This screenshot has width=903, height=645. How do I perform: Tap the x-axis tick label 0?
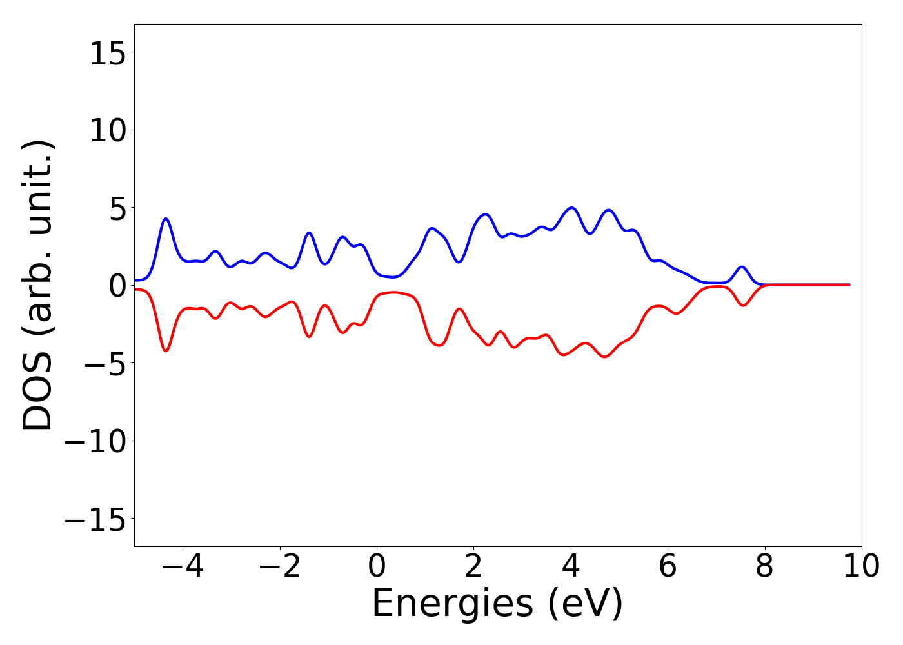click(x=377, y=567)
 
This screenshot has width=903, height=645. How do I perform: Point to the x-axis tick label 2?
click(x=473, y=567)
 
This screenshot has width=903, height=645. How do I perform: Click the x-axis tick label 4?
click(x=571, y=567)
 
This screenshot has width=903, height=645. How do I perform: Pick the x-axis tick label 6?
click(x=668, y=567)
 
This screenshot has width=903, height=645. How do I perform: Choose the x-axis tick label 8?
click(x=764, y=567)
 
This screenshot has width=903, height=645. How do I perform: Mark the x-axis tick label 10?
click(x=861, y=567)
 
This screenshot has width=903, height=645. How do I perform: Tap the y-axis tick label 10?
click(x=107, y=131)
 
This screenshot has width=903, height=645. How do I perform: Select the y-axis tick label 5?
click(x=116, y=208)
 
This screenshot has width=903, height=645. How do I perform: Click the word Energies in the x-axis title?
click(x=452, y=604)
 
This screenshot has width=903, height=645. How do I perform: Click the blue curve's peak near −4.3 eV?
click(x=166, y=219)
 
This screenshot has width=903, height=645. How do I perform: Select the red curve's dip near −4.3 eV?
click(x=166, y=350)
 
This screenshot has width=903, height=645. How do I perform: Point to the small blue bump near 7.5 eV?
click(x=742, y=267)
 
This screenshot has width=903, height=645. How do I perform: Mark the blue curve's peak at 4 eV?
click(x=571, y=208)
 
